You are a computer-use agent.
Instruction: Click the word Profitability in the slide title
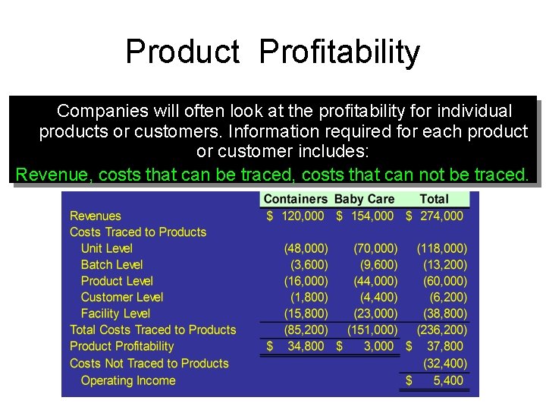coord(338,52)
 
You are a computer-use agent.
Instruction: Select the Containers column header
coord(295,199)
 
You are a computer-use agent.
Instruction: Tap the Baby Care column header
coord(364,199)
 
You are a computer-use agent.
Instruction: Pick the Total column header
coord(434,199)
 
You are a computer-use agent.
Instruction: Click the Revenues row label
coord(96,216)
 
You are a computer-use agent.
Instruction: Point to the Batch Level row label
coord(111,264)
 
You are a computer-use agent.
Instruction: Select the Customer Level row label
coord(122,297)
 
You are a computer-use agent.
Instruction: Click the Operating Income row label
coord(128,380)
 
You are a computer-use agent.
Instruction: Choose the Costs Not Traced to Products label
coord(149,363)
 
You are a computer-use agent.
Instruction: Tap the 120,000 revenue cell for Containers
coord(303,216)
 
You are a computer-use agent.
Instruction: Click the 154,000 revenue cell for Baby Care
coord(372,216)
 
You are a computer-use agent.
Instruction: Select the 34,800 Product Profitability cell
coord(306,346)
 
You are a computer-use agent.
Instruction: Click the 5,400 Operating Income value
coord(448,380)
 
